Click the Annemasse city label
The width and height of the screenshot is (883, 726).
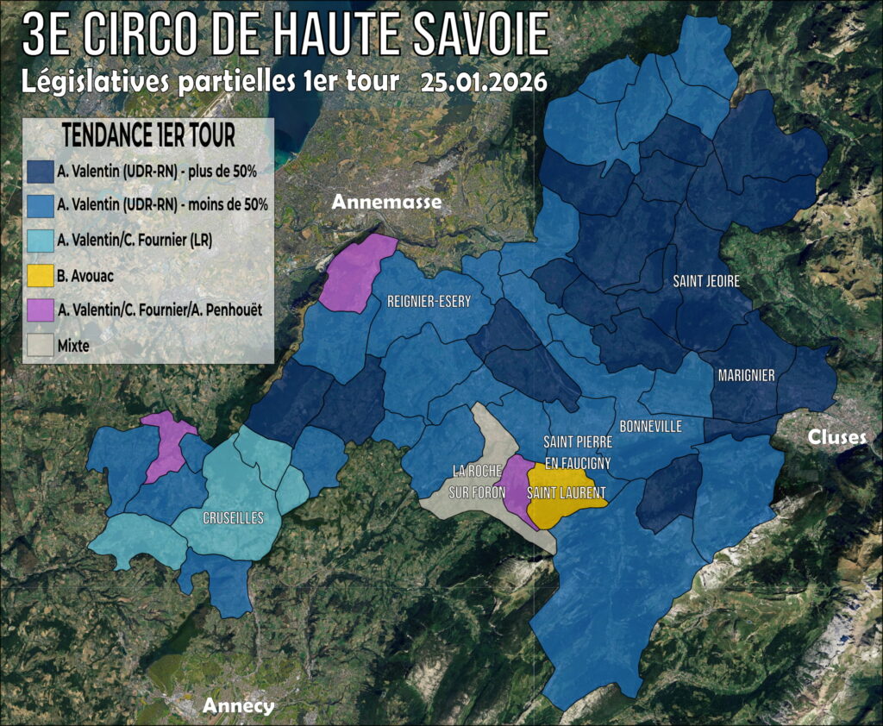pos(386,203)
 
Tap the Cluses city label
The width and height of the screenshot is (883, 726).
pos(836,437)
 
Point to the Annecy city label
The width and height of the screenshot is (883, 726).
pos(238,706)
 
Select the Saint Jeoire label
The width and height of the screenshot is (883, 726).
pos(706,281)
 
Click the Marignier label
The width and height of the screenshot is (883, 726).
pos(746,375)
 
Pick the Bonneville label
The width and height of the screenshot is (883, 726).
pos(651,426)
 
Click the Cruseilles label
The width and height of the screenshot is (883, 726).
pos(233,518)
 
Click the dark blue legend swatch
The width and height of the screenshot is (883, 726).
pos(41,172)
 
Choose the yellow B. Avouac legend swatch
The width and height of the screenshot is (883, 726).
pos(41,278)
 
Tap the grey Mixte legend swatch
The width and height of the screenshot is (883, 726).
pos(41,346)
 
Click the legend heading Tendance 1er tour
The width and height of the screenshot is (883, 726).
pos(148,138)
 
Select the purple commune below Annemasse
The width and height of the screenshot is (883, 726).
pos(355,272)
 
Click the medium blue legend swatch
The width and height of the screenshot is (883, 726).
pos(41,206)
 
